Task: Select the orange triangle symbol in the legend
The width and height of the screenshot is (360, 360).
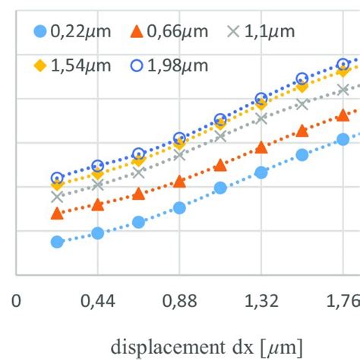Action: (x=137, y=31)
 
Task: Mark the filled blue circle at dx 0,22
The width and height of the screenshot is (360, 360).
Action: (x=57, y=242)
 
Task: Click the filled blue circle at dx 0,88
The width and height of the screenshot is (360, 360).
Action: (x=179, y=207)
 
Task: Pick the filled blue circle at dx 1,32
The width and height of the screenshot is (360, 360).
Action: (x=261, y=172)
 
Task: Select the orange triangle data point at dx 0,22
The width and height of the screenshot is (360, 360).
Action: (x=57, y=213)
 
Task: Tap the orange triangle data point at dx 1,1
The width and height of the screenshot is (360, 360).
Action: (x=220, y=165)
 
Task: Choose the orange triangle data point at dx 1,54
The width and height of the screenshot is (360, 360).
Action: (x=302, y=131)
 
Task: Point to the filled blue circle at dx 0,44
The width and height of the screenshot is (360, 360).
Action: (x=97, y=233)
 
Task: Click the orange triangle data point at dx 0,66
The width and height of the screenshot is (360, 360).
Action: (x=138, y=194)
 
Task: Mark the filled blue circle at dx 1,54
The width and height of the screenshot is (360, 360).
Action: (x=302, y=154)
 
